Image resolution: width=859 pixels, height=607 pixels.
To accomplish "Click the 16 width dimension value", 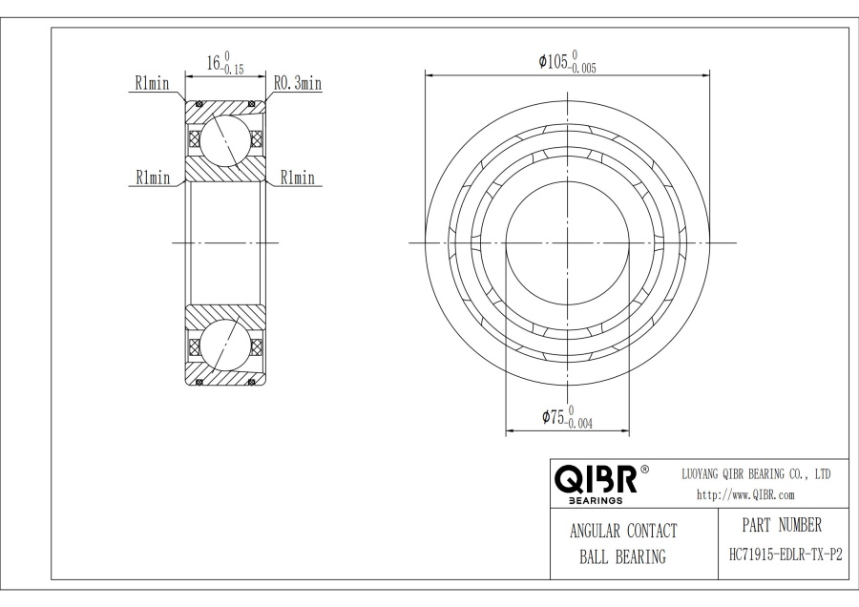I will coord(215,64).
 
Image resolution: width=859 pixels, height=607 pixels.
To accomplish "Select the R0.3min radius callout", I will coord(298,84).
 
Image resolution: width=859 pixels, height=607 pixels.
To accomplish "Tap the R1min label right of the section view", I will coord(297,178).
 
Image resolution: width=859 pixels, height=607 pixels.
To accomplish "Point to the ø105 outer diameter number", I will coord(555,62).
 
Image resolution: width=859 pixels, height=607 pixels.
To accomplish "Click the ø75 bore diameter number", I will coord(553,417).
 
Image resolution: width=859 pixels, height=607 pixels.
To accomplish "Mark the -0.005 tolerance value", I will coord(584,69).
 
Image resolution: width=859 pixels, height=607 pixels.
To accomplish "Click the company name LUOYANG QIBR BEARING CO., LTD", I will coord(756,473).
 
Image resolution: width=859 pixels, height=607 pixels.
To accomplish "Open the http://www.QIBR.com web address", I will coord(745,494).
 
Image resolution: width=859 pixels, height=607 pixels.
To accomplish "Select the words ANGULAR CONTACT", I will coord(623,532).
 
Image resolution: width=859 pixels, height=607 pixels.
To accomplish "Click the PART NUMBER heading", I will coord(781,525).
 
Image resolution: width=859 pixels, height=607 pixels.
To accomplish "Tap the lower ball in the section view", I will coord(226,345).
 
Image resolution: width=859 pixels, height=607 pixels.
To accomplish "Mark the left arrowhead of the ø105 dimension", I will coord(429,73).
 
